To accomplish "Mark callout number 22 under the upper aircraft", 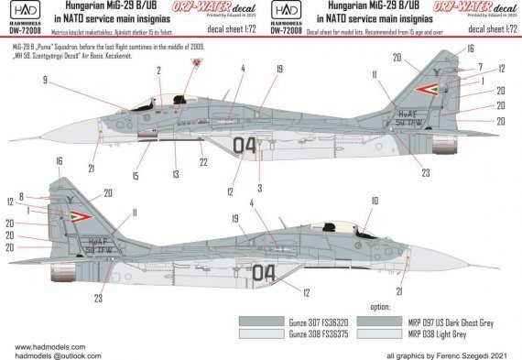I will (203, 162).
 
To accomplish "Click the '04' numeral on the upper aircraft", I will (245, 144).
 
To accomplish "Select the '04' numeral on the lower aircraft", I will (263, 272).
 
